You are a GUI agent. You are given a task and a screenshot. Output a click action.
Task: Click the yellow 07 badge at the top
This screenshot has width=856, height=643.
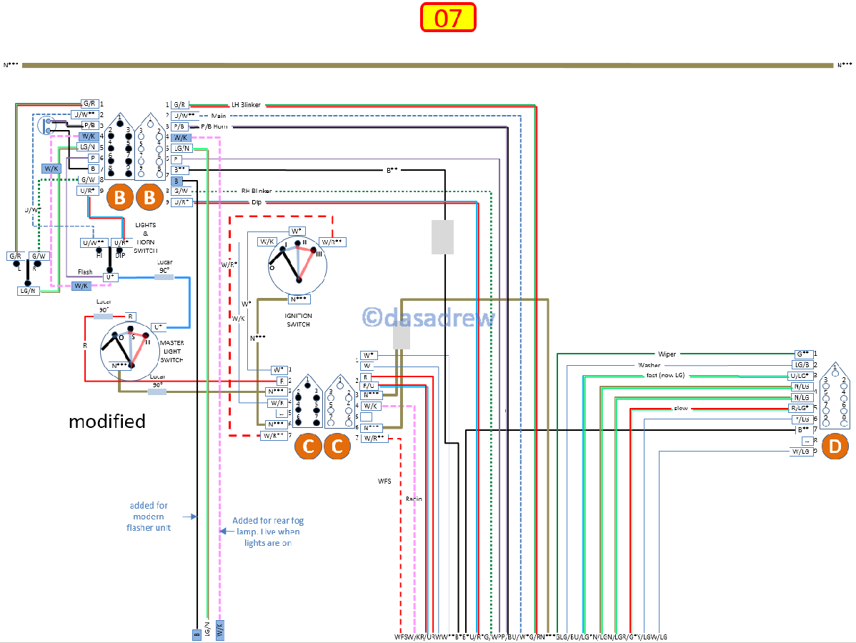[448, 18]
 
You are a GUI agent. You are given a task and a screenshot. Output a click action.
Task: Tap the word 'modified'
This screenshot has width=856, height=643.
[107, 422]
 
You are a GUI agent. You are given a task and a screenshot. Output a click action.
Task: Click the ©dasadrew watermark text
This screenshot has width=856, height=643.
[428, 317]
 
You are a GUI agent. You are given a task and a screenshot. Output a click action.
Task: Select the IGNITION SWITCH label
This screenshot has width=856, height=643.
[298, 319]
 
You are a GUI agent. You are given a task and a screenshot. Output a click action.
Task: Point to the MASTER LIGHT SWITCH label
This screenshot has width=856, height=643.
[171, 352]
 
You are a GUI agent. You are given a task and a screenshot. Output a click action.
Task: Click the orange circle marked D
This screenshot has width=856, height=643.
[836, 447]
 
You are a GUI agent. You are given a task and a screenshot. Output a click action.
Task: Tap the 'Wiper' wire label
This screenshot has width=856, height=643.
[667, 354]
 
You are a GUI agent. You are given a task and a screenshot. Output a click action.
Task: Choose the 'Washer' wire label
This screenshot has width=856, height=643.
[649, 365]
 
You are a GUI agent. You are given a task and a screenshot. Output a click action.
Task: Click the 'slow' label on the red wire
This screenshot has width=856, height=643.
[680, 409]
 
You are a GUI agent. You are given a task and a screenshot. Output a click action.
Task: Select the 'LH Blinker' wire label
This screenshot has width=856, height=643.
[246, 105]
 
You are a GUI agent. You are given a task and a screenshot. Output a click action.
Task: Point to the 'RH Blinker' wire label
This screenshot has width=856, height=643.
[255, 191]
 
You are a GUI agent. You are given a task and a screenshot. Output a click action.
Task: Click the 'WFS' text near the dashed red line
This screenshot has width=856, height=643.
[384, 482]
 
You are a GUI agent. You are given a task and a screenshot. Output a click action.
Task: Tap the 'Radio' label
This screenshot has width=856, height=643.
[414, 499]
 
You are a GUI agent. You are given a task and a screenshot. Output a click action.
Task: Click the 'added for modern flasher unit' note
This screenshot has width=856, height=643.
[149, 517]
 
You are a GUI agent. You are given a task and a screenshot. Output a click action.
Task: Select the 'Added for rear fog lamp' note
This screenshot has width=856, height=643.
[267, 532]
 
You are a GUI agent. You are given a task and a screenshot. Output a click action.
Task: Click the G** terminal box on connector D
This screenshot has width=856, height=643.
[802, 354]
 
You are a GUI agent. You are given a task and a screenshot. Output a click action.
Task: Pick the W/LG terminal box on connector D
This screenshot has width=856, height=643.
[800, 452]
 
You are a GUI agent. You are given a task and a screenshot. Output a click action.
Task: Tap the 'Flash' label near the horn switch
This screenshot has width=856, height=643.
[85, 272]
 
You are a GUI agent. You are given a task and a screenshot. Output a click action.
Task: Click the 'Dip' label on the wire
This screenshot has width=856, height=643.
[256, 202]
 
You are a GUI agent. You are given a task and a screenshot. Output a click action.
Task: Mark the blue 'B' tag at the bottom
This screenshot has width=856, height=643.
[196, 633]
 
